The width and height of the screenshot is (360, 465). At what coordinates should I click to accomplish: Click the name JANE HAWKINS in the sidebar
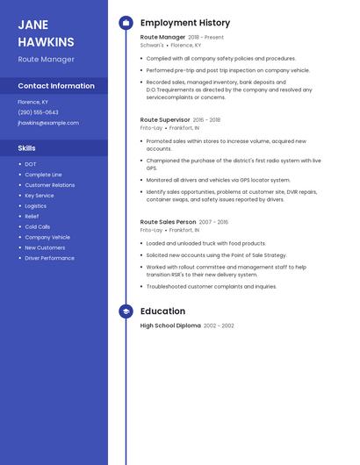(x=46, y=33)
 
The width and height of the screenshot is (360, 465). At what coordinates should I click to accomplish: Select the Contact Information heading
(x=56, y=86)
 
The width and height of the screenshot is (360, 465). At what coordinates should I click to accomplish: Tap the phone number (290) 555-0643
(x=38, y=112)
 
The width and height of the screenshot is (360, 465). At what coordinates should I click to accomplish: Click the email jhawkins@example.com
(x=48, y=123)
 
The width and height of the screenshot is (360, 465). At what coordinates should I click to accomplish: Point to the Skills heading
(x=26, y=148)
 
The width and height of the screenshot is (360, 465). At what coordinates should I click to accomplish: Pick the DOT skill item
(x=31, y=164)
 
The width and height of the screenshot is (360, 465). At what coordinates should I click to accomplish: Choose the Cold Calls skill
(x=37, y=226)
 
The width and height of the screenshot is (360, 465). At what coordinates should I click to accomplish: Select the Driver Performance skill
(x=49, y=258)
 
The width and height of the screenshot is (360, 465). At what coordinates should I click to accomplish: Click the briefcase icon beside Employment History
(x=126, y=23)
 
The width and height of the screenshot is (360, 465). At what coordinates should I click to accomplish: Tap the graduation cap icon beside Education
(x=126, y=311)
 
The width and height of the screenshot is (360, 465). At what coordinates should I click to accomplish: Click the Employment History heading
(x=184, y=23)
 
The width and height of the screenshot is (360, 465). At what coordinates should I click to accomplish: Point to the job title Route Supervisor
(x=165, y=119)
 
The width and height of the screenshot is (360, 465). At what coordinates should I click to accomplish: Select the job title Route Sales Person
(x=168, y=222)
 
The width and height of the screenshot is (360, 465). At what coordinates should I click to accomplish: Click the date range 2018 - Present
(x=206, y=38)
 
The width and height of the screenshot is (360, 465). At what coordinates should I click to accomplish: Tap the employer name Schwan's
(x=152, y=45)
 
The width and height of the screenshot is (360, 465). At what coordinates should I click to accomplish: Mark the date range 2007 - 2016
(x=213, y=222)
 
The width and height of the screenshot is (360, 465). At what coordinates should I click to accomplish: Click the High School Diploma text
(x=170, y=325)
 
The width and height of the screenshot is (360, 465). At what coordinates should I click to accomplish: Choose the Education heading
(x=162, y=311)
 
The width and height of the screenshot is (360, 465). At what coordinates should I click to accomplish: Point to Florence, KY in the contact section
(x=32, y=102)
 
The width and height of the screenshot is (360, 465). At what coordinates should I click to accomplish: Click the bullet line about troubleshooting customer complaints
(x=211, y=286)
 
